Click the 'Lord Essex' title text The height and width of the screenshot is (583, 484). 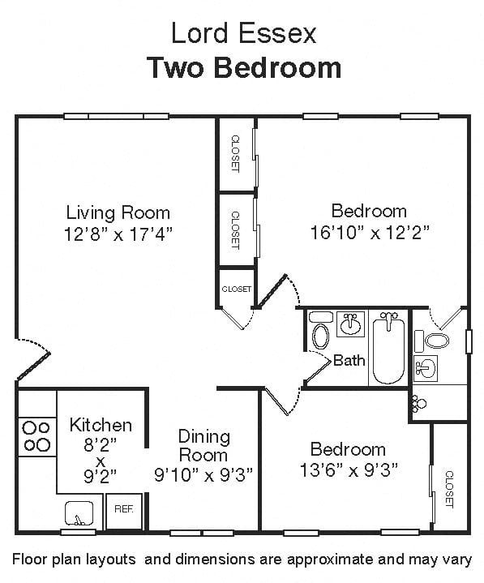pos(243,33)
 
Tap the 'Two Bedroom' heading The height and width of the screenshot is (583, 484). pos(245,67)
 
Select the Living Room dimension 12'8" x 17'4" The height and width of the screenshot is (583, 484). pos(118,234)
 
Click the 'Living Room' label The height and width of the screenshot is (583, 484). pos(118,212)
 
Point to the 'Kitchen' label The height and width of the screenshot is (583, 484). pos(101,425)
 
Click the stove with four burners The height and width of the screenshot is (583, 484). pos(36,436)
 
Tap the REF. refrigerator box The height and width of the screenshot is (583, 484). pos(124,512)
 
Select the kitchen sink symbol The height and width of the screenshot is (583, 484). pos(79,513)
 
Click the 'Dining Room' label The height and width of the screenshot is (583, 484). pos(203,446)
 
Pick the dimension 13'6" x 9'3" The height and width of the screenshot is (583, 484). pos(349,470)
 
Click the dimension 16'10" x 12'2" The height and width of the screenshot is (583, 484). pos(370,234)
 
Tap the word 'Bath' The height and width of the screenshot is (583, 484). pos(349,360)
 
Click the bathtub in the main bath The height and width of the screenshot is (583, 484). pos(388,350)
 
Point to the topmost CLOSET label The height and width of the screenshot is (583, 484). pos(236,153)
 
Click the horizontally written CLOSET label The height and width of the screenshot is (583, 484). pos(237,289)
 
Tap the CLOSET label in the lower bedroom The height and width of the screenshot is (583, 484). pos(449,489)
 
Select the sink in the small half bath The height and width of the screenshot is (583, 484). pos(426,368)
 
